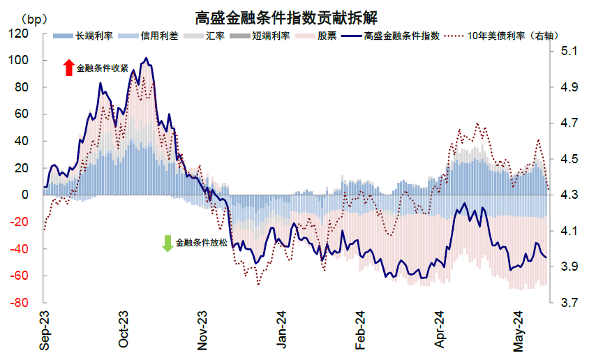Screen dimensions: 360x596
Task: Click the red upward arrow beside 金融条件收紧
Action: click(x=68, y=68)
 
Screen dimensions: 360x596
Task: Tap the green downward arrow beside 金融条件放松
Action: click(x=167, y=243)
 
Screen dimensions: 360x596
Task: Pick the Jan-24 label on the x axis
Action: click(x=282, y=331)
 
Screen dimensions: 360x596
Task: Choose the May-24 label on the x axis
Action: click(x=519, y=331)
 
